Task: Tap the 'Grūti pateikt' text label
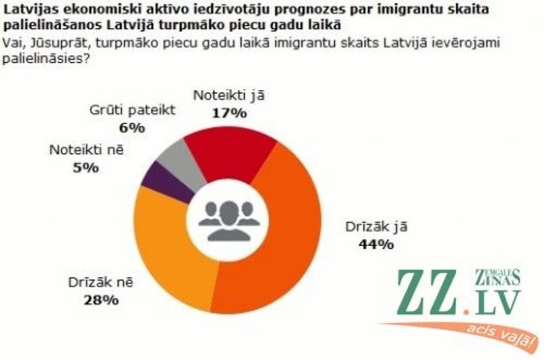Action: [131, 110]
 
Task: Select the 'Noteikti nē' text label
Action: [86, 150]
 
